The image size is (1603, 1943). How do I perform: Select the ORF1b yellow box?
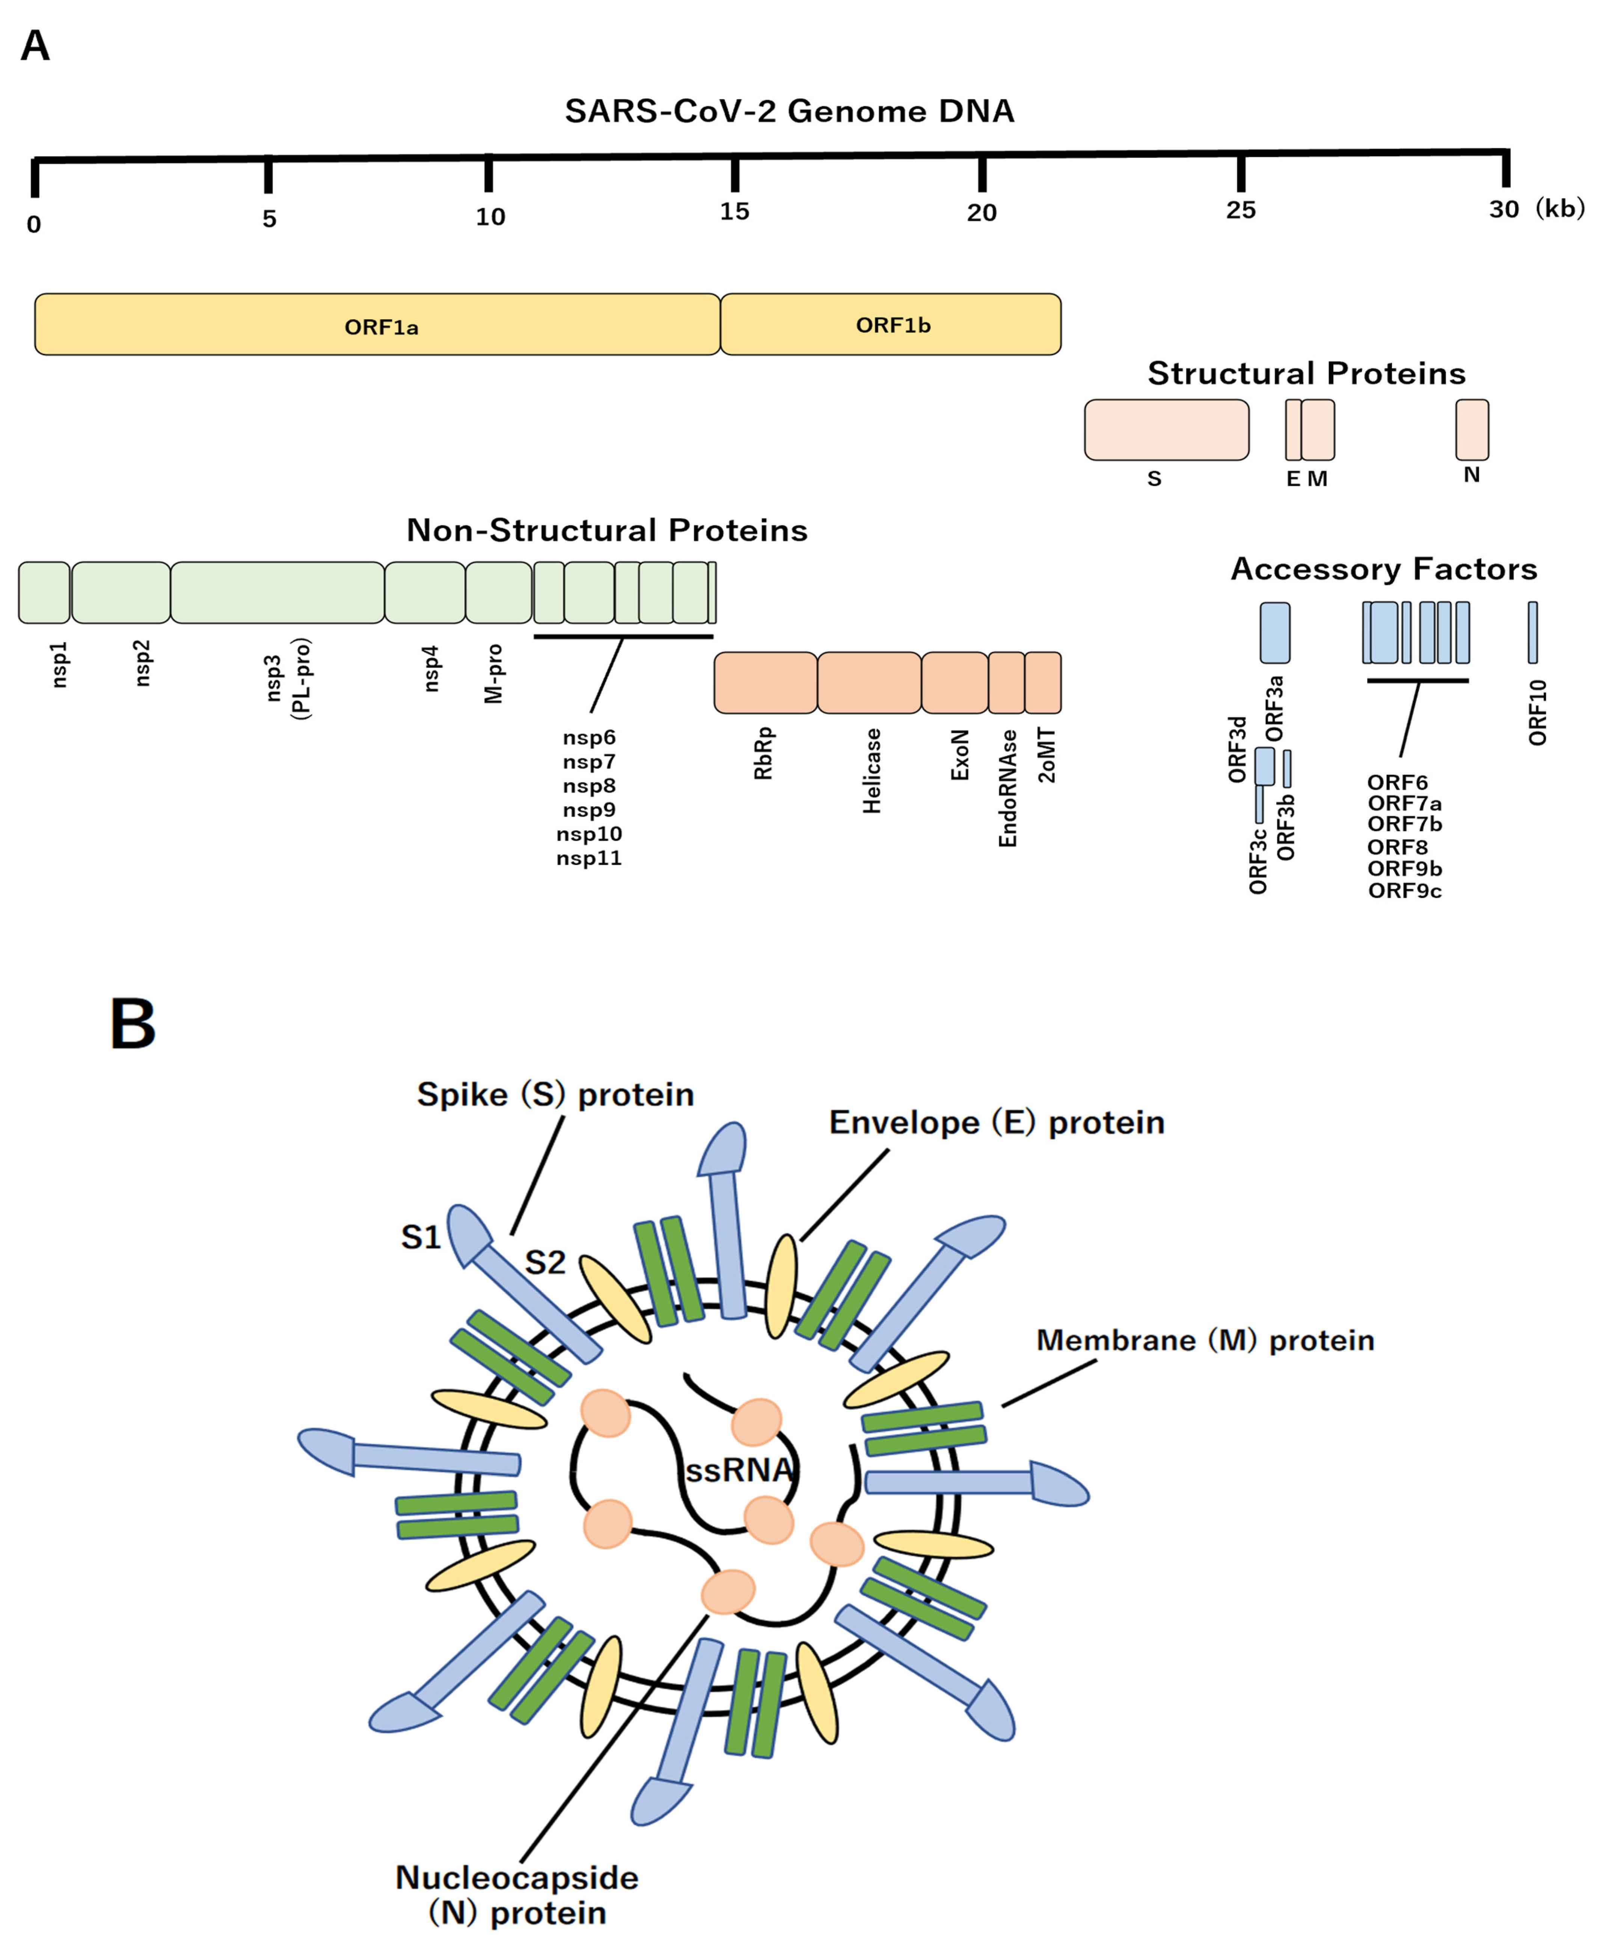tap(891, 324)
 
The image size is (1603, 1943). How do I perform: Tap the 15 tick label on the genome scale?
tap(735, 211)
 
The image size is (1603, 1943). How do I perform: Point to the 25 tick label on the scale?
tap(1241, 210)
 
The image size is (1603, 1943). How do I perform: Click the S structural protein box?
tap(1167, 429)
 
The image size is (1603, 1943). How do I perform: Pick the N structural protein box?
tap(1472, 429)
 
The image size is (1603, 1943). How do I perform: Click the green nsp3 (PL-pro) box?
tap(277, 592)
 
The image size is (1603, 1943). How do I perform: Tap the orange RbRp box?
tap(766, 682)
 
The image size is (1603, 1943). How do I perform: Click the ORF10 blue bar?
tap(1533, 633)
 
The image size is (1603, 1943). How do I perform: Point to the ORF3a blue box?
tap(1275, 633)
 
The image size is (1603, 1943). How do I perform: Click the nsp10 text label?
tap(589, 834)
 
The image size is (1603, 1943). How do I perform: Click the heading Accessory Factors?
tap(1384, 569)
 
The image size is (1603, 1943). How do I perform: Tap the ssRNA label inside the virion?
tap(739, 1469)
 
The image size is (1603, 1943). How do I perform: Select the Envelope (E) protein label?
tap(996, 1122)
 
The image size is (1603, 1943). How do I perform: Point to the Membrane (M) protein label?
tap(1205, 1340)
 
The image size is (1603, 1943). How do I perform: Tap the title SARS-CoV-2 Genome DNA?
tap(790, 111)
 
